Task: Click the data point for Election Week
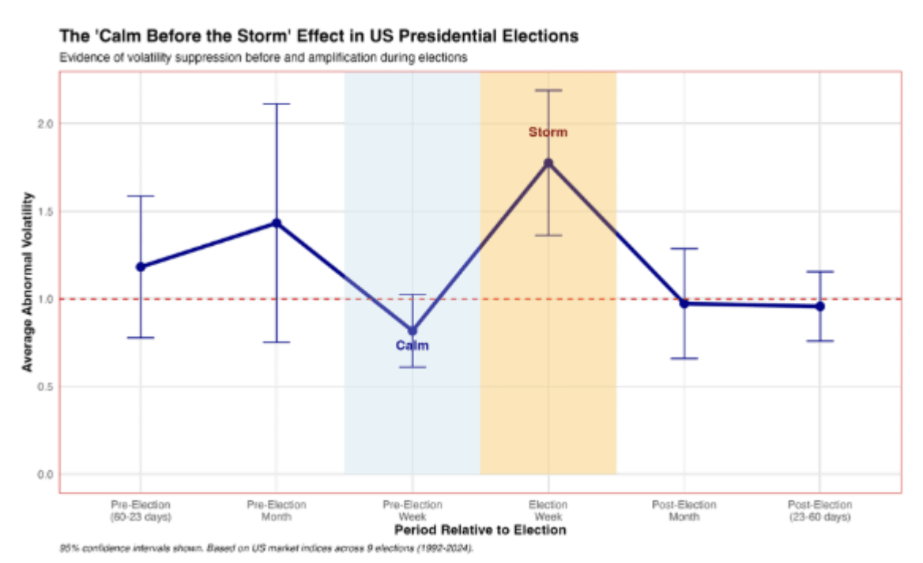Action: click(548, 164)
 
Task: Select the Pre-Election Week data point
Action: click(412, 331)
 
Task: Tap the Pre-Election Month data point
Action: click(277, 223)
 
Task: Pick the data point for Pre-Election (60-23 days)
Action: click(141, 266)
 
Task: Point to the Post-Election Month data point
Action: click(684, 304)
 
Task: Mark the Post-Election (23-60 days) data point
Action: click(819, 306)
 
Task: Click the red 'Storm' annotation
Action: click(548, 132)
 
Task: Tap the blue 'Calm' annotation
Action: click(412, 346)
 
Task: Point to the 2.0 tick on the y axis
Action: click(43, 123)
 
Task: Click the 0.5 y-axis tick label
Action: click(43, 387)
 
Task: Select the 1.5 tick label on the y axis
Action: click(43, 211)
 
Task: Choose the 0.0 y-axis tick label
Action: click(43, 474)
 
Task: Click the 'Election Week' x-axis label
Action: click(548, 511)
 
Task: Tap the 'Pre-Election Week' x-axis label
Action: click(412, 511)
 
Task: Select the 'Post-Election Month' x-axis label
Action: click(684, 511)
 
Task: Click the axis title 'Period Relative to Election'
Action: click(480, 530)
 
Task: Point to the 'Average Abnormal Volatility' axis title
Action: click(28, 281)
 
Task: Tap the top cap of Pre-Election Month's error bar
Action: click(277, 104)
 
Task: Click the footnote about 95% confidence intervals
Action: click(266, 548)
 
